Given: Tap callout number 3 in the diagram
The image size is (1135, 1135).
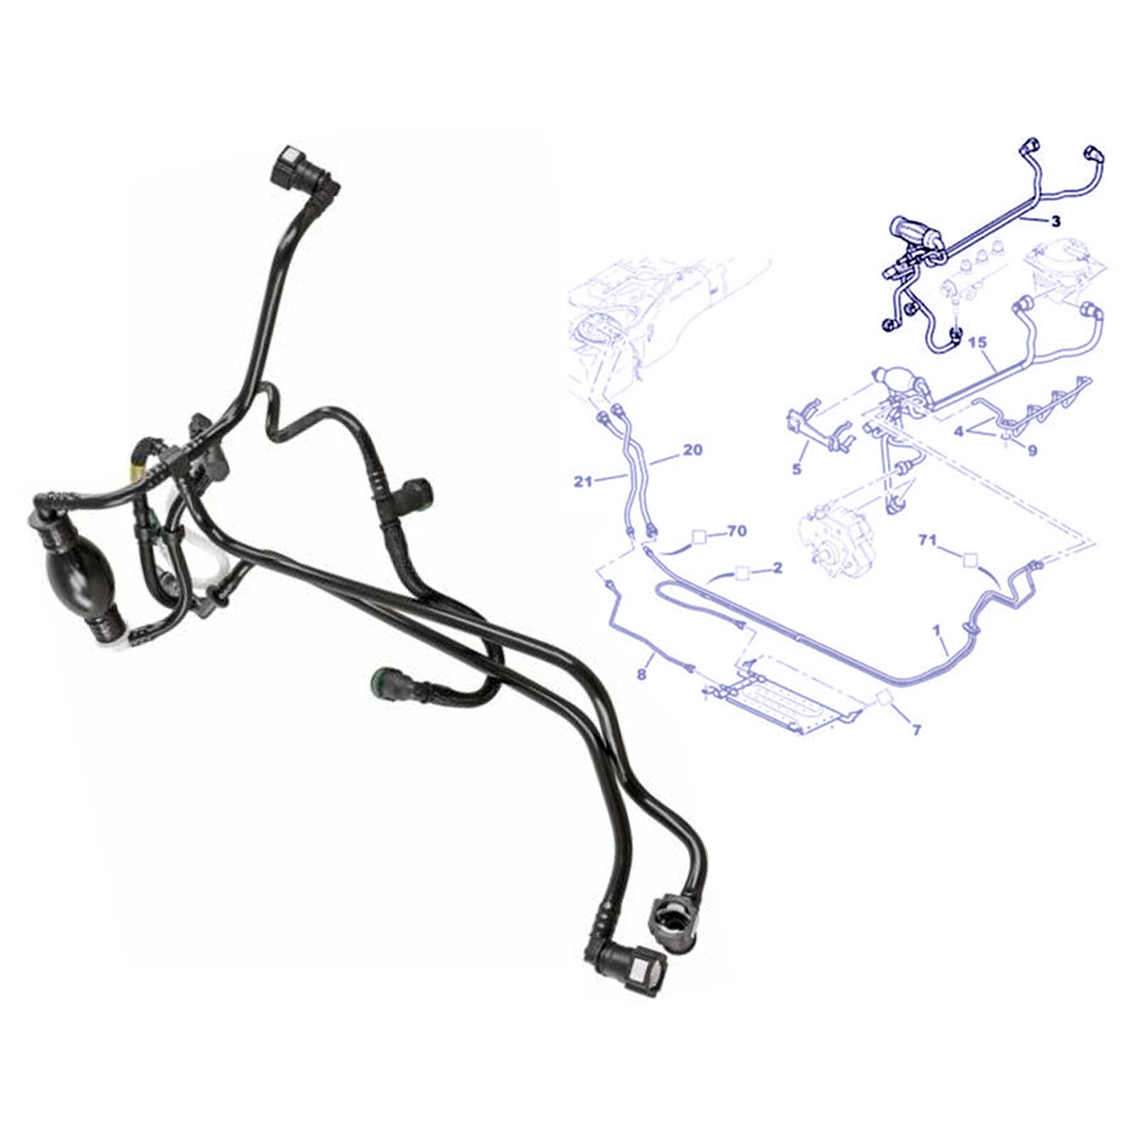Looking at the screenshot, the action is coord(1056,222).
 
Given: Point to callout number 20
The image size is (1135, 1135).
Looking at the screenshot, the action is coord(692,450).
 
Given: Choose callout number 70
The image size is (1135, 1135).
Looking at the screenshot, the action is coord(737,531).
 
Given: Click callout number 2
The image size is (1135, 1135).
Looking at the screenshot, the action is coord(777,567).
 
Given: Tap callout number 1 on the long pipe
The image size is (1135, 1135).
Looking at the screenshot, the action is coord(936,629).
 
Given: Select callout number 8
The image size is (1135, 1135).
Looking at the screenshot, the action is coord(641,675).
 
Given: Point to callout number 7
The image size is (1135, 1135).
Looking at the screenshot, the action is coord(916,729).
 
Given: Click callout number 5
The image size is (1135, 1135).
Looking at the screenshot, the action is coord(797,469).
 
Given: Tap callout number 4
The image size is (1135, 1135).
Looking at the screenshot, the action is coord(958,431).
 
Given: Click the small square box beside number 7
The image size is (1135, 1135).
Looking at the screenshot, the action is coord(886,698).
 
